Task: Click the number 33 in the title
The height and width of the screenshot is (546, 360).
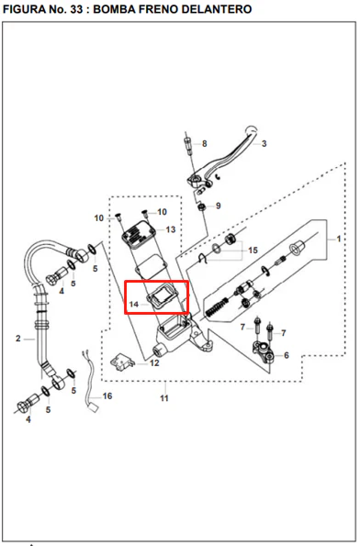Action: tap(76, 9)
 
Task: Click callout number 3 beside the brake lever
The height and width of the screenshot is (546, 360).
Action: tap(264, 143)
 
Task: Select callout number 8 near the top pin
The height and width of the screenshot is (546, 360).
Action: tap(204, 143)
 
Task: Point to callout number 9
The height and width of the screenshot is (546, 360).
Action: tap(219, 206)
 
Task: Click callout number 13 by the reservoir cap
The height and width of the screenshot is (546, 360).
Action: tap(171, 229)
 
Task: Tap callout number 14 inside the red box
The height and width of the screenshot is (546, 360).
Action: tap(134, 305)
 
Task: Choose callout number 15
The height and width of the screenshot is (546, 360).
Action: tap(253, 251)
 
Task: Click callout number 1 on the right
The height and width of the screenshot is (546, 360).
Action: tap(338, 239)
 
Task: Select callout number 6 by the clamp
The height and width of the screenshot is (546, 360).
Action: tap(287, 355)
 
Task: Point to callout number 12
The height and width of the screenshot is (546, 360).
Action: tap(154, 363)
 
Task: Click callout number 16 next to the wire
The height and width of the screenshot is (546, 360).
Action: tap(107, 396)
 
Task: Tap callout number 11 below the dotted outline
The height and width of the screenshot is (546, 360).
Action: tap(164, 398)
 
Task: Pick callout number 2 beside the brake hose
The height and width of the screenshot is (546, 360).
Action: tap(18, 339)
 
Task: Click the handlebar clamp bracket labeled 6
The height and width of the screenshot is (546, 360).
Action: tap(263, 351)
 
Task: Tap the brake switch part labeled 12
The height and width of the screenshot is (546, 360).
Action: tap(122, 362)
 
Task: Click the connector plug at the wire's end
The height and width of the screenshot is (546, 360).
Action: tap(94, 407)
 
